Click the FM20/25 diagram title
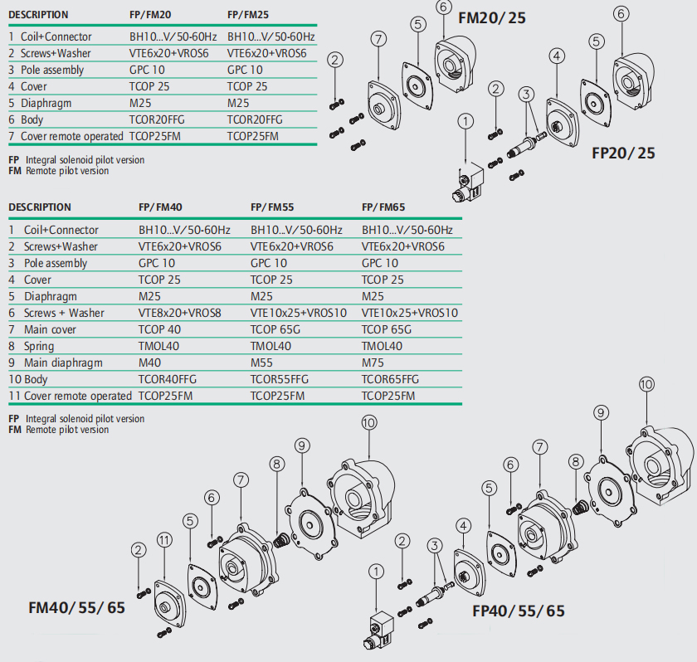492,17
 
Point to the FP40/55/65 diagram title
518,611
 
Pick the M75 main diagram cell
373,363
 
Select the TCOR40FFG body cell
168,379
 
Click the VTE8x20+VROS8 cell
180,313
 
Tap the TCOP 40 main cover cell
159,329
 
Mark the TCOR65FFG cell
390,379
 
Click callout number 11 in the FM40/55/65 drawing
164,541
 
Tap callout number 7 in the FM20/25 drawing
378,39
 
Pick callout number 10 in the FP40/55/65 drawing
646,384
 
